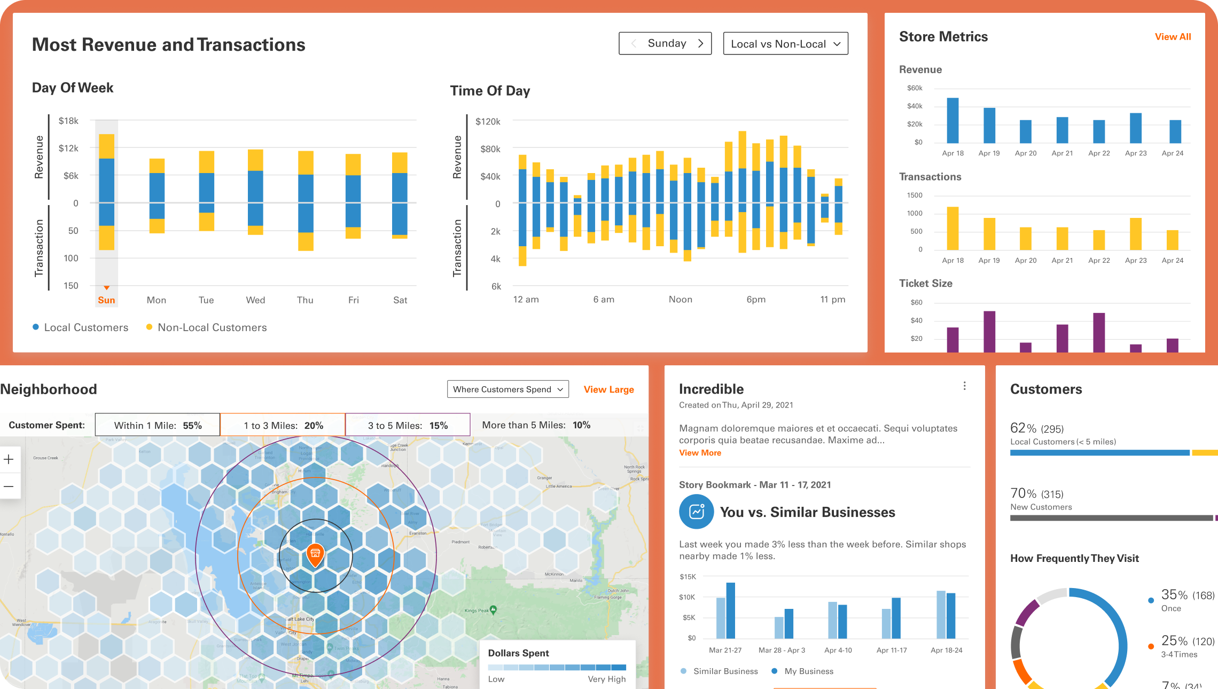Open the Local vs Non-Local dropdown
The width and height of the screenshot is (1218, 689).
coord(785,44)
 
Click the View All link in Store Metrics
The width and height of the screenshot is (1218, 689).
coord(1173,37)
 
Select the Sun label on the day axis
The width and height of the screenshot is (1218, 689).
coord(106,300)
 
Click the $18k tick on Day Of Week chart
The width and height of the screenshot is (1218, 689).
coord(68,121)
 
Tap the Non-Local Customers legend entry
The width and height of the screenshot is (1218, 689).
coord(206,327)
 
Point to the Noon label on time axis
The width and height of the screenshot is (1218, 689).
coord(680,300)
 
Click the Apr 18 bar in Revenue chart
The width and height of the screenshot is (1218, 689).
coord(952,120)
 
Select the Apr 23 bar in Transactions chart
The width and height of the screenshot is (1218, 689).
coord(1136,234)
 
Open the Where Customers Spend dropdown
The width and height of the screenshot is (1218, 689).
coord(507,389)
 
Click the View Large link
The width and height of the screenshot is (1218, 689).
coord(608,389)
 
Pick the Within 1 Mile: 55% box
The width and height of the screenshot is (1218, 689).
coord(158,425)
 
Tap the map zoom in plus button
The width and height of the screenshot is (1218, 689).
coord(9,459)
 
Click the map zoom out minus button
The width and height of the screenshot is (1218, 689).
coord(9,487)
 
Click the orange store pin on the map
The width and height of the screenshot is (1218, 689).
coord(315,554)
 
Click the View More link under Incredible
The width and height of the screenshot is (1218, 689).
coord(700,453)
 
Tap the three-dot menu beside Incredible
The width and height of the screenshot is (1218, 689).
coord(964,386)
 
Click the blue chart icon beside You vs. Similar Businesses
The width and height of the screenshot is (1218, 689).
coord(696,512)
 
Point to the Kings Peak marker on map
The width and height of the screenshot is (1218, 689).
coord(493,609)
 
